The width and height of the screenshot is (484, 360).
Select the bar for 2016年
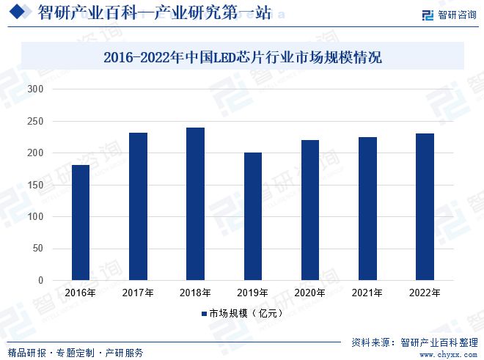click(81, 223)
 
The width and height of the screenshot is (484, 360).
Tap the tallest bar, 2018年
click(195, 204)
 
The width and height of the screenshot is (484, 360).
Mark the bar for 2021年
click(367, 209)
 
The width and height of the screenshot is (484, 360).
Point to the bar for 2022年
click(425, 207)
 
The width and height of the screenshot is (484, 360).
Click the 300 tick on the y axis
click(36, 89)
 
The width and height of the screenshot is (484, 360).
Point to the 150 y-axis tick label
click(36, 185)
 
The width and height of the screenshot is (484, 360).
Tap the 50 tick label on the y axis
click(38, 249)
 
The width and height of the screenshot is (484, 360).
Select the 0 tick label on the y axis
click(41, 281)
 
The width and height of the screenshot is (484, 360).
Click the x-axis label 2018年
click(195, 293)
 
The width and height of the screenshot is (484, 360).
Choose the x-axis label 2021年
click(367, 293)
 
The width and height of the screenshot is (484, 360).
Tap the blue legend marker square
click(204, 314)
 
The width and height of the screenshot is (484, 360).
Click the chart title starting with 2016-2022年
click(242, 56)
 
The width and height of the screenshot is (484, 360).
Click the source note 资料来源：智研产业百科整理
click(414, 342)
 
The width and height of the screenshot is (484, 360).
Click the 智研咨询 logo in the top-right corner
click(448, 14)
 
